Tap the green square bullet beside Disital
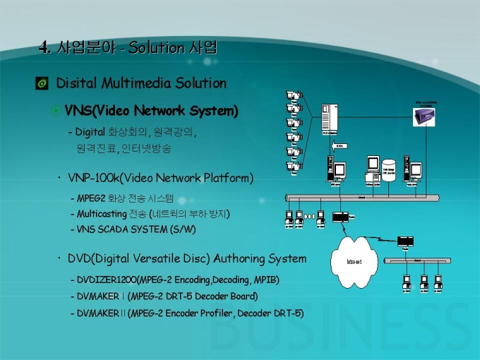coord(42,84)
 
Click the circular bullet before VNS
coord(56,111)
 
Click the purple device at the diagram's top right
coord(424,116)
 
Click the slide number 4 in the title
coord(44,47)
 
